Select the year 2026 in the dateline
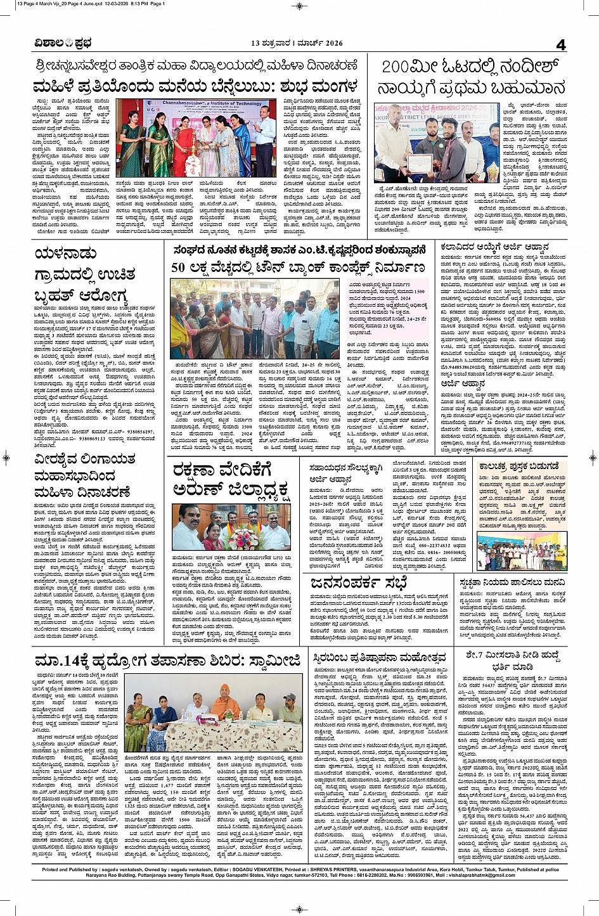click(332, 44)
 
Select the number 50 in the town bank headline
click(178, 267)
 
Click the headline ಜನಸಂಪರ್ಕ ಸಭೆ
click(359, 581)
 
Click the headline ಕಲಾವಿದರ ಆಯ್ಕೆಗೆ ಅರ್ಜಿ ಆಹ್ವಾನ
click(494, 247)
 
